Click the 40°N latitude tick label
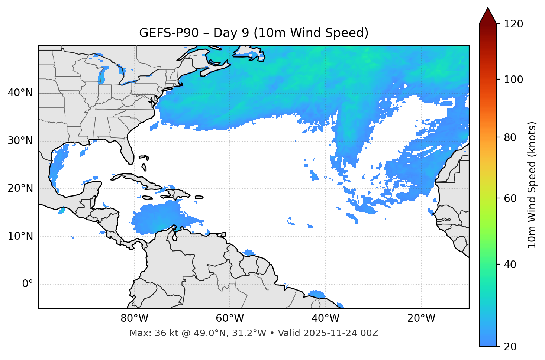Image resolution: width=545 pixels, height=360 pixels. tap(20, 93)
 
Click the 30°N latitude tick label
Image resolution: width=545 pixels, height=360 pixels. tap(20, 141)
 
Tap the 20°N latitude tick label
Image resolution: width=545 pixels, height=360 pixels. tap(20, 188)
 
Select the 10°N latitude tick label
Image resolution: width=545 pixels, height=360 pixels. tap(20, 236)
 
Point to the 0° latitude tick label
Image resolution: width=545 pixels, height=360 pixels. tap(28, 284)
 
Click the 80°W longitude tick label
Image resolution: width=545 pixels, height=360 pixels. tap(134, 318)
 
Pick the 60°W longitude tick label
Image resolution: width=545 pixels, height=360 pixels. tap(230, 318)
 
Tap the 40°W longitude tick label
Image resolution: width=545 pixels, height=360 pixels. tap(325, 318)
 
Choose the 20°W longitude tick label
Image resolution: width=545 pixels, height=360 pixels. tap(421, 318)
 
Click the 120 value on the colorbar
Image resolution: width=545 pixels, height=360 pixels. tap(513, 24)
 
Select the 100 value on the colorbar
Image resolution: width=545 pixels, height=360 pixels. tap(513, 80)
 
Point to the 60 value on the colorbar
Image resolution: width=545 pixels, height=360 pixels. tap(510, 198)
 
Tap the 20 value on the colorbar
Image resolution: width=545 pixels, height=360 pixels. tap(510, 347)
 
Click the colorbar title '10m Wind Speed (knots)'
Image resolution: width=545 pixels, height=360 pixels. tap(532, 185)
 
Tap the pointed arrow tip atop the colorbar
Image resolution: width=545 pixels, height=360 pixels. tap(488, 9)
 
